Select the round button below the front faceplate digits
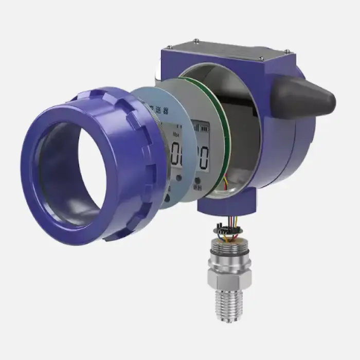[178, 178]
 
